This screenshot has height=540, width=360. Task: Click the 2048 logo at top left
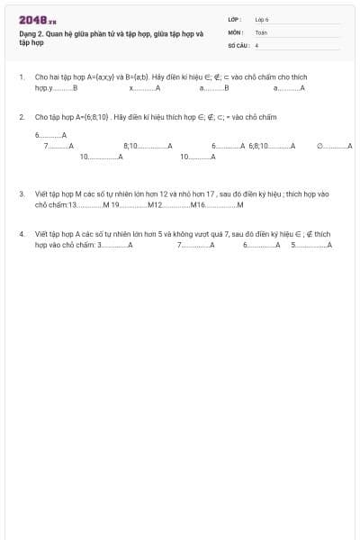pos(37,20)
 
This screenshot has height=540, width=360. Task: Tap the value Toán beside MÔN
pos(261,31)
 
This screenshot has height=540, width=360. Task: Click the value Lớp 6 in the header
pos(262,19)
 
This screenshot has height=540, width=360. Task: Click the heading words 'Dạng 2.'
pos(31,33)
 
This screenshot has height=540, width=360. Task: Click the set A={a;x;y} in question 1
pos(96,78)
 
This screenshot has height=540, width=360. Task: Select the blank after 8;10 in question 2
pos(153,145)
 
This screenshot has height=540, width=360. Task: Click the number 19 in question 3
pos(115,204)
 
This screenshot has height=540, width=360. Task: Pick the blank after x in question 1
pos(144,88)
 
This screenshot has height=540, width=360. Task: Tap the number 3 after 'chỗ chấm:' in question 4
pos(99,244)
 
